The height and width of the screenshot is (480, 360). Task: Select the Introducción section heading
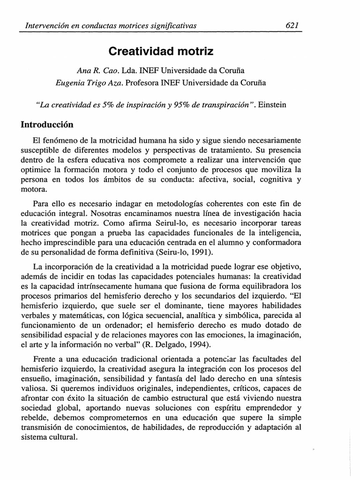coord(48,125)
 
